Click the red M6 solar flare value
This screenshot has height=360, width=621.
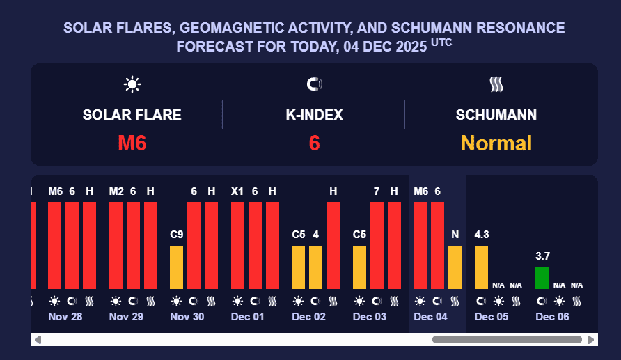(x=132, y=143)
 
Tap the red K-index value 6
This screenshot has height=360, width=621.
(x=314, y=143)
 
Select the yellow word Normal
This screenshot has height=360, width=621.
(x=496, y=143)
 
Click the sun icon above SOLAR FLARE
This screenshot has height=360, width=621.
(x=132, y=85)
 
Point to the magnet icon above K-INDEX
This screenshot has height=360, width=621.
(x=315, y=85)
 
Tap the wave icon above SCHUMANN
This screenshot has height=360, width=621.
(x=496, y=85)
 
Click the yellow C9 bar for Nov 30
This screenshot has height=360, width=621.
(x=177, y=267)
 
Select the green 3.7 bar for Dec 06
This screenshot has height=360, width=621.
(x=542, y=278)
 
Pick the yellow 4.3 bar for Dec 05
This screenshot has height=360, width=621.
(x=481, y=267)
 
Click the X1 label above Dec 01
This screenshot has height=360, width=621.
(x=237, y=191)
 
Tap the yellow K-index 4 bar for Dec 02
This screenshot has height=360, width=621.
(x=315, y=267)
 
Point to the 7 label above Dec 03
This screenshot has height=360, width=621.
(x=377, y=191)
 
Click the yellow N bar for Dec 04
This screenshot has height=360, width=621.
(x=455, y=267)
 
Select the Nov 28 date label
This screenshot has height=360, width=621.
(x=65, y=316)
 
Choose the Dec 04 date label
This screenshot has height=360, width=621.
(x=430, y=316)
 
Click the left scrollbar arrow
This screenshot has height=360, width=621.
(x=38, y=340)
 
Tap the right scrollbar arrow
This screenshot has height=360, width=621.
(x=590, y=340)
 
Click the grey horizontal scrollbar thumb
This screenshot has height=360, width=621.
(x=507, y=340)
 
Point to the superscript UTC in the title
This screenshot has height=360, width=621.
(x=441, y=42)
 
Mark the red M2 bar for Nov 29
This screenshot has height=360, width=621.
(x=116, y=245)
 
